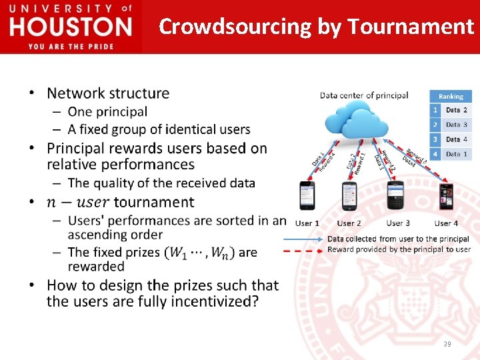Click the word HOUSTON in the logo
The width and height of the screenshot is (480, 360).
[x=71, y=27]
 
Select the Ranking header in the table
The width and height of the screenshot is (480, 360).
[x=451, y=97]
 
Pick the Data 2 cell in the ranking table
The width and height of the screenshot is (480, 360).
[x=457, y=110]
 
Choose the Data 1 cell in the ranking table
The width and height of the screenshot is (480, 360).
[x=457, y=154]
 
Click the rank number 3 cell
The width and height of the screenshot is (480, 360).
[x=435, y=139]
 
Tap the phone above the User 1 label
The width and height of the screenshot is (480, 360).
[x=307, y=196]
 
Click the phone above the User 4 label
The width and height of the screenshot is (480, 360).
[x=445, y=196]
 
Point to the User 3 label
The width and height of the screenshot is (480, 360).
[x=398, y=223]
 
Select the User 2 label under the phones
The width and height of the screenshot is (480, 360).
[x=349, y=223]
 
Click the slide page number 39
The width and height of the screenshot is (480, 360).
[x=446, y=344]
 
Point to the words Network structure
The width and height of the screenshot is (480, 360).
[x=108, y=93]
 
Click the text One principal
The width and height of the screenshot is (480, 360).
[x=107, y=111]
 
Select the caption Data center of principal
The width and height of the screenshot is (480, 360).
[x=364, y=95]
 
